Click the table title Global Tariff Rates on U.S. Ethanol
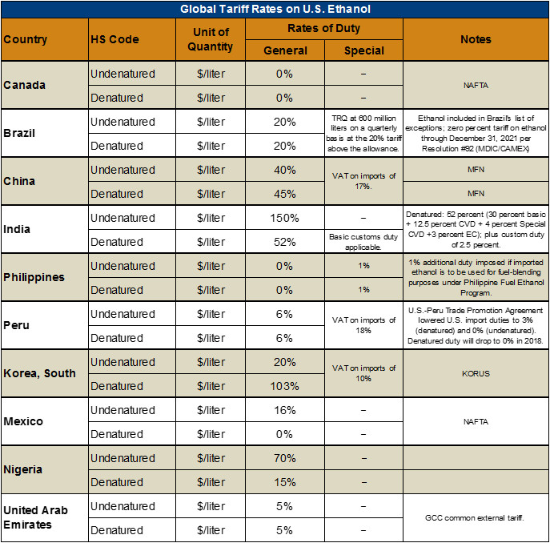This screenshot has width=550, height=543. [275, 9]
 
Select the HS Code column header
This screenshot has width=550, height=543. [114, 39]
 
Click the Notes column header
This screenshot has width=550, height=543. [476, 39]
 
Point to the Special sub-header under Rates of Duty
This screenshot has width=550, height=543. [363, 50]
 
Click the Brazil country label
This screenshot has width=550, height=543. [20, 133]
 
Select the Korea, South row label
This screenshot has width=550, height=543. [40, 373]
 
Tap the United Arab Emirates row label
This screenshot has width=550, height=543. [36, 517]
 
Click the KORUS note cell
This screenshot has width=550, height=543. [476, 373]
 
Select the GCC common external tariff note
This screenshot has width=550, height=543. [476, 517]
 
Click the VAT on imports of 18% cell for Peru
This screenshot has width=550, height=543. [363, 325]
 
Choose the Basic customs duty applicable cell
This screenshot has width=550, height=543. [363, 242]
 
